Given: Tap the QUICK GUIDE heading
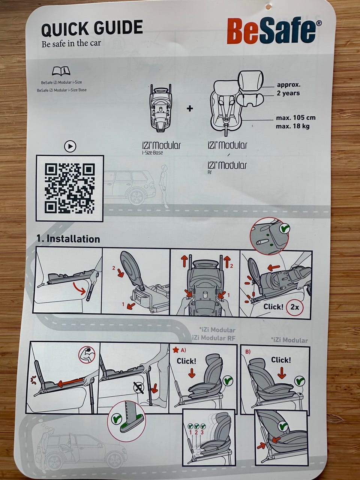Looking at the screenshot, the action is (x=92, y=28).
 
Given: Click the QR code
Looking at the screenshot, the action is (x=70, y=188).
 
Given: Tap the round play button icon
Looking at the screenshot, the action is (x=70, y=146).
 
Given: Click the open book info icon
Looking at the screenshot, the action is (x=61, y=70).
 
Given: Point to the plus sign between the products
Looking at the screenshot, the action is (x=190, y=108).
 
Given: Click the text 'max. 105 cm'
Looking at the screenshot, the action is (x=296, y=118).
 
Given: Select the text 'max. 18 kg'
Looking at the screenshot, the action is (x=292, y=126).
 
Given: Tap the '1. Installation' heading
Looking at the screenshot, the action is (x=68, y=239).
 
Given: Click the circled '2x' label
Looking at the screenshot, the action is (x=294, y=307).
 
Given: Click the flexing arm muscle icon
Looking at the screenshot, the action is (x=87, y=354).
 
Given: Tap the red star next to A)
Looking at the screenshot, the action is (x=176, y=350).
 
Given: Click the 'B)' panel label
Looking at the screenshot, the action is (x=247, y=352).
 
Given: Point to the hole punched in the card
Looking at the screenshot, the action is (x=268, y=7).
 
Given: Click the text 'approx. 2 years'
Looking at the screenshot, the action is (x=288, y=89).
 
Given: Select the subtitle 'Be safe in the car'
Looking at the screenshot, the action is (x=71, y=43).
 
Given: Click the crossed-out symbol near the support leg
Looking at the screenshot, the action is (x=139, y=388).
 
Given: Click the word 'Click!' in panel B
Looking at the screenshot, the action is (x=281, y=360).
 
